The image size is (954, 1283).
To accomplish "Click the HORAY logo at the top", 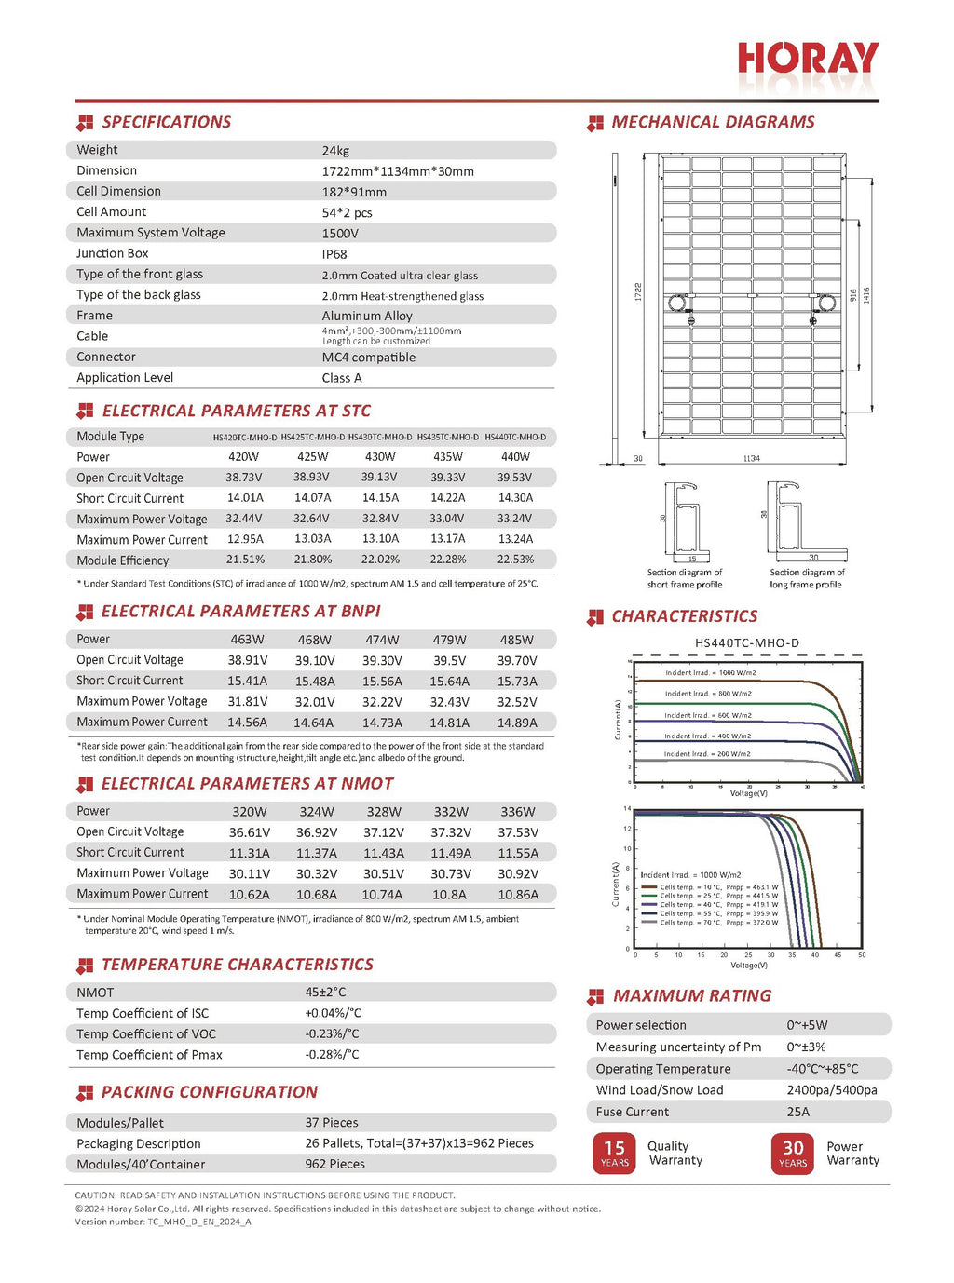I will click(807, 60).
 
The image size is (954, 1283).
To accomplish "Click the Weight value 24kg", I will click(335, 151).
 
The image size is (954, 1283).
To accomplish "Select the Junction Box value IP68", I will click(334, 254).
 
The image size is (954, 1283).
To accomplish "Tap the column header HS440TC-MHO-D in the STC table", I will click(515, 437).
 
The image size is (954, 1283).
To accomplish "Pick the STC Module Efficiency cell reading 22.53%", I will click(515, 560).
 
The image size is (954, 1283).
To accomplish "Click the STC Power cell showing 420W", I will click(243, 457).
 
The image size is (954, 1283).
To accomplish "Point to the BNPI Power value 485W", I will click(516, 640).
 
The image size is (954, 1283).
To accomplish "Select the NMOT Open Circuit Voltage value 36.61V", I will click(249, 832).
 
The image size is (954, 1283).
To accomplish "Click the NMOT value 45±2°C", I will click(325, 993).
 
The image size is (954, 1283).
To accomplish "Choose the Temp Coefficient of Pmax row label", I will click(149, 1055).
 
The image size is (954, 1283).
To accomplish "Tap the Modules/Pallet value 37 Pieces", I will click(332, 1123).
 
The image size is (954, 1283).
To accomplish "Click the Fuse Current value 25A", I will click(797, 1112).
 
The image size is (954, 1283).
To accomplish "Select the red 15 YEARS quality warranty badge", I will click(614, 1153).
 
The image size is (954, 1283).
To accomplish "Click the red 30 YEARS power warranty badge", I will click(793, 1153).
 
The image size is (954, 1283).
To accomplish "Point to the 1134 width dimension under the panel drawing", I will click(751, 458).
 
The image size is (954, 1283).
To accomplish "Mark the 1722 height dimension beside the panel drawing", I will click(638, 291).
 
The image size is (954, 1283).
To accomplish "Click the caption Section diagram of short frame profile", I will click(685, 579).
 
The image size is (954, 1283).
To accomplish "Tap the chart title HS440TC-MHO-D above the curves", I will click(746, 643).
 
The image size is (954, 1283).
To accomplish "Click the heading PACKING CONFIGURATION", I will click(209, 1092).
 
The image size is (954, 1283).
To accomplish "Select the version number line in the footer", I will click(163, 1222).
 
